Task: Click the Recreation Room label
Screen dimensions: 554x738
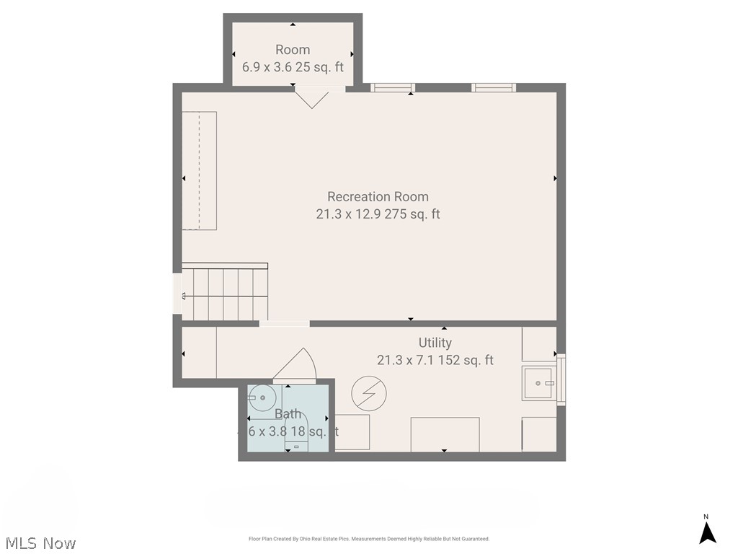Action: pyautogui.click(x=378, y=196)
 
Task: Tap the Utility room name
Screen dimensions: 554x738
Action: pyautogui.click(x=435, y=343)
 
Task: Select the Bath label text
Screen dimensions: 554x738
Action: pyautogui.click(x=288, y=414)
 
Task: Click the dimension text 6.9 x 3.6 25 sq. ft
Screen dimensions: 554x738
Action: pyautogui.click(x=293, y=67)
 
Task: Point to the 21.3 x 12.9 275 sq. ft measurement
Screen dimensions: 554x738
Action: pyautogui.click(x=378, y=214)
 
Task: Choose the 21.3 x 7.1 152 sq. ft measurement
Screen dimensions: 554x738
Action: pyautogui.click(x=435, y=360)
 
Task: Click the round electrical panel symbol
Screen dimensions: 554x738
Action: pyautogui.click(x=368, y=393)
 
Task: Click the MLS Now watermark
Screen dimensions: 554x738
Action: pyautogui.click(x=40, y=542)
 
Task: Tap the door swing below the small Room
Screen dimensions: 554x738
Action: pyautogui.click(x=313, y=97)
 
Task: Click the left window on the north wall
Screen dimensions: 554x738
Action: pyautogui.click(x=393, y=88)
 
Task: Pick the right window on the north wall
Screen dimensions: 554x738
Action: pyautogui.click(x=494, y=88)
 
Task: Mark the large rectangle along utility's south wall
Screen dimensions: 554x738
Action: pyautogui.click(x=445, y=434)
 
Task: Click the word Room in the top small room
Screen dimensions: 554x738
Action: pyautogui.click(x=293, y=50)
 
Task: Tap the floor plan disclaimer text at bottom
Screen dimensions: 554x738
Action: pyautogui.click(x=369, y=539)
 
